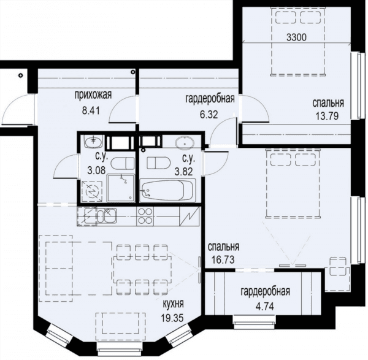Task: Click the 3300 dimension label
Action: (296, 37)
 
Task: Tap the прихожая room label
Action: (93, 95)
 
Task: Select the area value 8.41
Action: (91, 110)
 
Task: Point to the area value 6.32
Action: (209, 114)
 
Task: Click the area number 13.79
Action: (327, 116)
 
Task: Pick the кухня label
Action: (174, 304)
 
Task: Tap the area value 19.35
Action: (172, 318)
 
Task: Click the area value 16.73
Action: (223, 259)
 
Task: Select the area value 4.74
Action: (265, 306)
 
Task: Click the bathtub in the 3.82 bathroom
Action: (167, 190)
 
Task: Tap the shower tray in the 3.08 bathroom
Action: (121, 188)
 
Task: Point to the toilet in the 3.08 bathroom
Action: (122, 164)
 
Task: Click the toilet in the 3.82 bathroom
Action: (158, 163)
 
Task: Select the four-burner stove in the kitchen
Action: (145, 216)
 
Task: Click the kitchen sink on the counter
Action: (107, 215)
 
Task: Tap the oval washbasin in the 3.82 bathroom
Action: (185, 142)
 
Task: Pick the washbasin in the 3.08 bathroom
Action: (94, 142)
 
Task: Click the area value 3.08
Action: (96, 170)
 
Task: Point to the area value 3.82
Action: (183, 172)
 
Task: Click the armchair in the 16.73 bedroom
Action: (338, 266)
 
